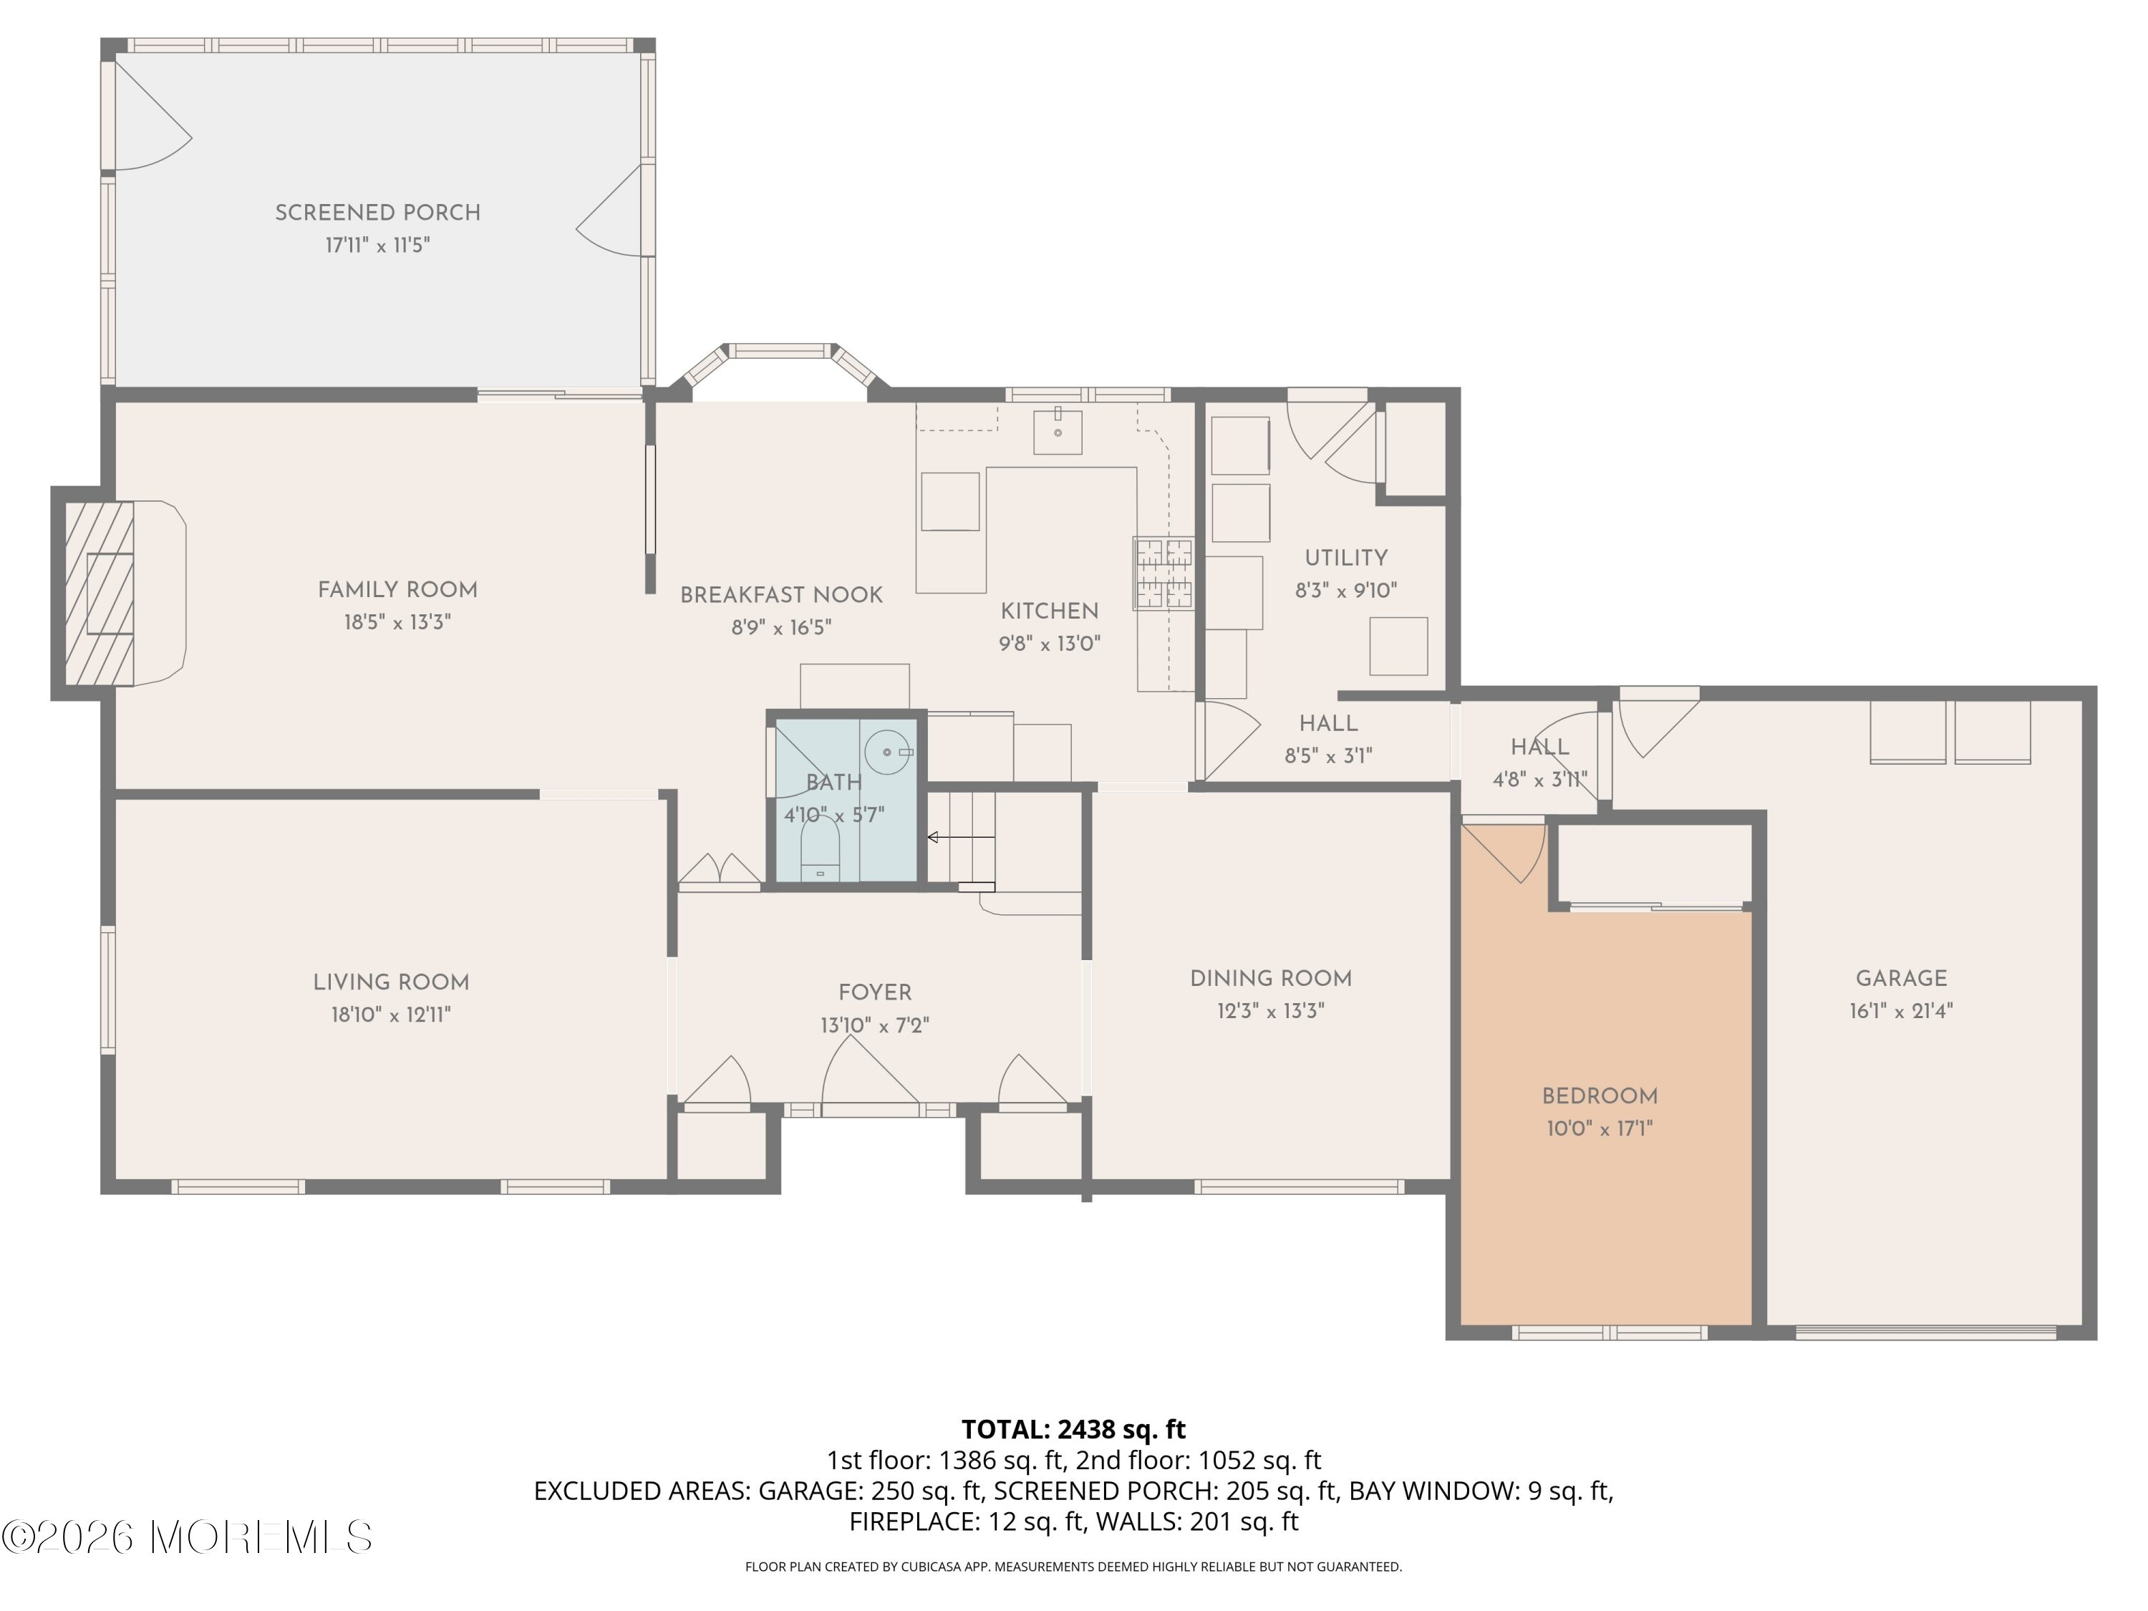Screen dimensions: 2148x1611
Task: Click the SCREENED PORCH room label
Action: click(378, 213)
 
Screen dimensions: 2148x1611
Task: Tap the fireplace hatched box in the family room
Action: click(99, 594)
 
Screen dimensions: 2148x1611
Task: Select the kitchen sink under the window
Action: click(1058, 431)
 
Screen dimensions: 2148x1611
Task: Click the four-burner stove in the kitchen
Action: click(1163, 574)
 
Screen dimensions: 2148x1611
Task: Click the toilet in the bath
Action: click(821, 848)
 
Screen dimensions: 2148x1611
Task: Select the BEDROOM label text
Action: click(1600, 1096)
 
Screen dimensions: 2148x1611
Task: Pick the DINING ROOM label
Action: click(1271, 979)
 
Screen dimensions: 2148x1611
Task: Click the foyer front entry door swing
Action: click(870, 1070)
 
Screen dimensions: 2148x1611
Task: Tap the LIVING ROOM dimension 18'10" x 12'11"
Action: click(392, 1015)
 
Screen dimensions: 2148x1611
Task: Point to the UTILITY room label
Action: click(1346, 558)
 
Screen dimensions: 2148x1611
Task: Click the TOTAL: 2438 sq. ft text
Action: click(1073, 1429)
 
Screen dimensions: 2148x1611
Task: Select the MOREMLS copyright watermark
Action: click(186, 1537)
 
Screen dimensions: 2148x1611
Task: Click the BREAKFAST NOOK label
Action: click(782, 595)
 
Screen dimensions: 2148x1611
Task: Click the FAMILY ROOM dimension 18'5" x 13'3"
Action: click(397, 622)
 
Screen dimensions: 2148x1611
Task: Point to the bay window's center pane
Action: click(780, 351)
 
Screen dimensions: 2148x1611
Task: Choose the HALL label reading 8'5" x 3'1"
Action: click(1328, 739)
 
